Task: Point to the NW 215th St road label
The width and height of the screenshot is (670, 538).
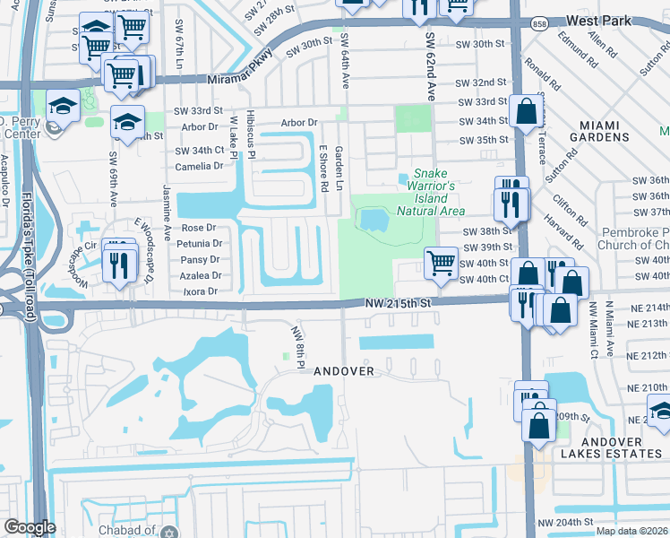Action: tap(399, 304)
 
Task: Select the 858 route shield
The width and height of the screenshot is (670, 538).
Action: tap(539, 25)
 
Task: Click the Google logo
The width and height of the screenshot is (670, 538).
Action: tap(30, 527)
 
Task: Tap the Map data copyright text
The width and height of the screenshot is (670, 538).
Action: tap(632, 531)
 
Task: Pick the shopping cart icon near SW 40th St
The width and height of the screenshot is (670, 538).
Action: tap(441, 263)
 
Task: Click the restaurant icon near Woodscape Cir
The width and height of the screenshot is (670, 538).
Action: tap(118, 261)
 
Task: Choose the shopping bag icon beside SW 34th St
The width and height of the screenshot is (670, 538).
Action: tap(527, 113)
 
